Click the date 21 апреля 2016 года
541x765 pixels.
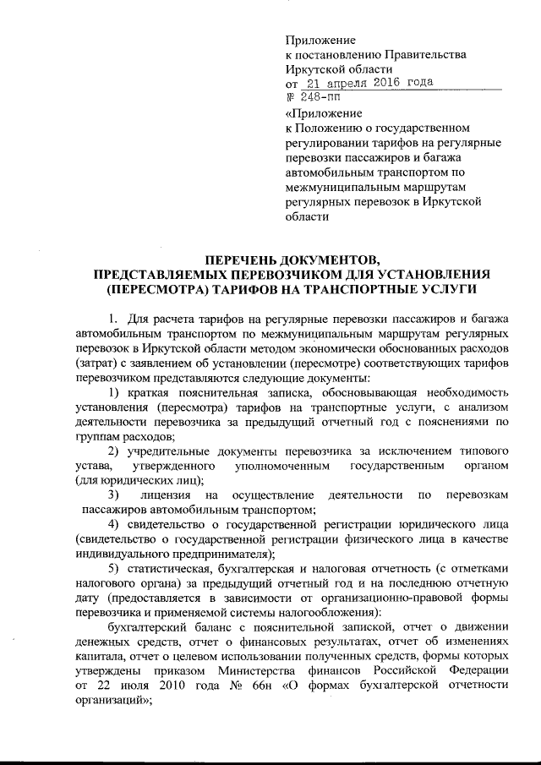coord(369,84)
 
